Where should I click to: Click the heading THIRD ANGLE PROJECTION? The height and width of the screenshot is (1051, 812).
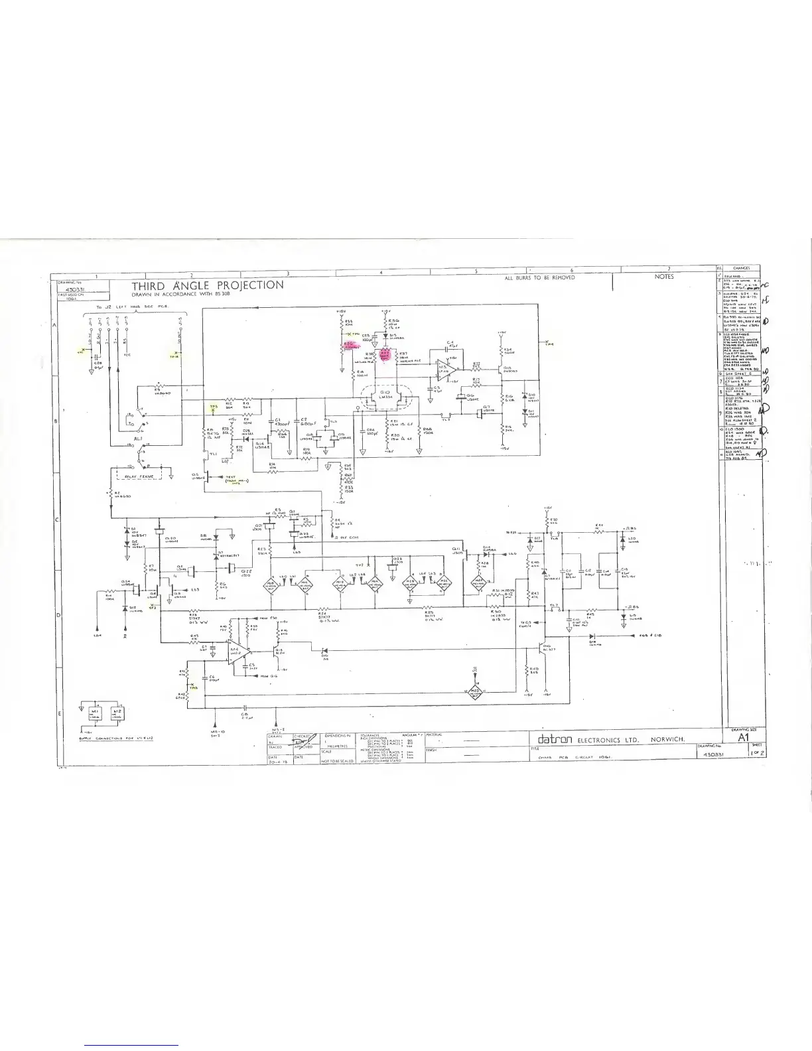208,285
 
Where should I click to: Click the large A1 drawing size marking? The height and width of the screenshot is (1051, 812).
742,738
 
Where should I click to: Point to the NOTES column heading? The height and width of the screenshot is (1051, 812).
663,277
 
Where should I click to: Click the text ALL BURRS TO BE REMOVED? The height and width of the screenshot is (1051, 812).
540,277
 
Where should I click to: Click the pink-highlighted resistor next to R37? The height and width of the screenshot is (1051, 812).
385,355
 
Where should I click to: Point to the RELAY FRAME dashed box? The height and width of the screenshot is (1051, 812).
138,475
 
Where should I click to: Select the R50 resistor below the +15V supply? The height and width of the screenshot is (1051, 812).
546,522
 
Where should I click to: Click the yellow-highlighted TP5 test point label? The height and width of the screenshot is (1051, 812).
213,406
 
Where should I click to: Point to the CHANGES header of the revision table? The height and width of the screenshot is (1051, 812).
741,269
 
